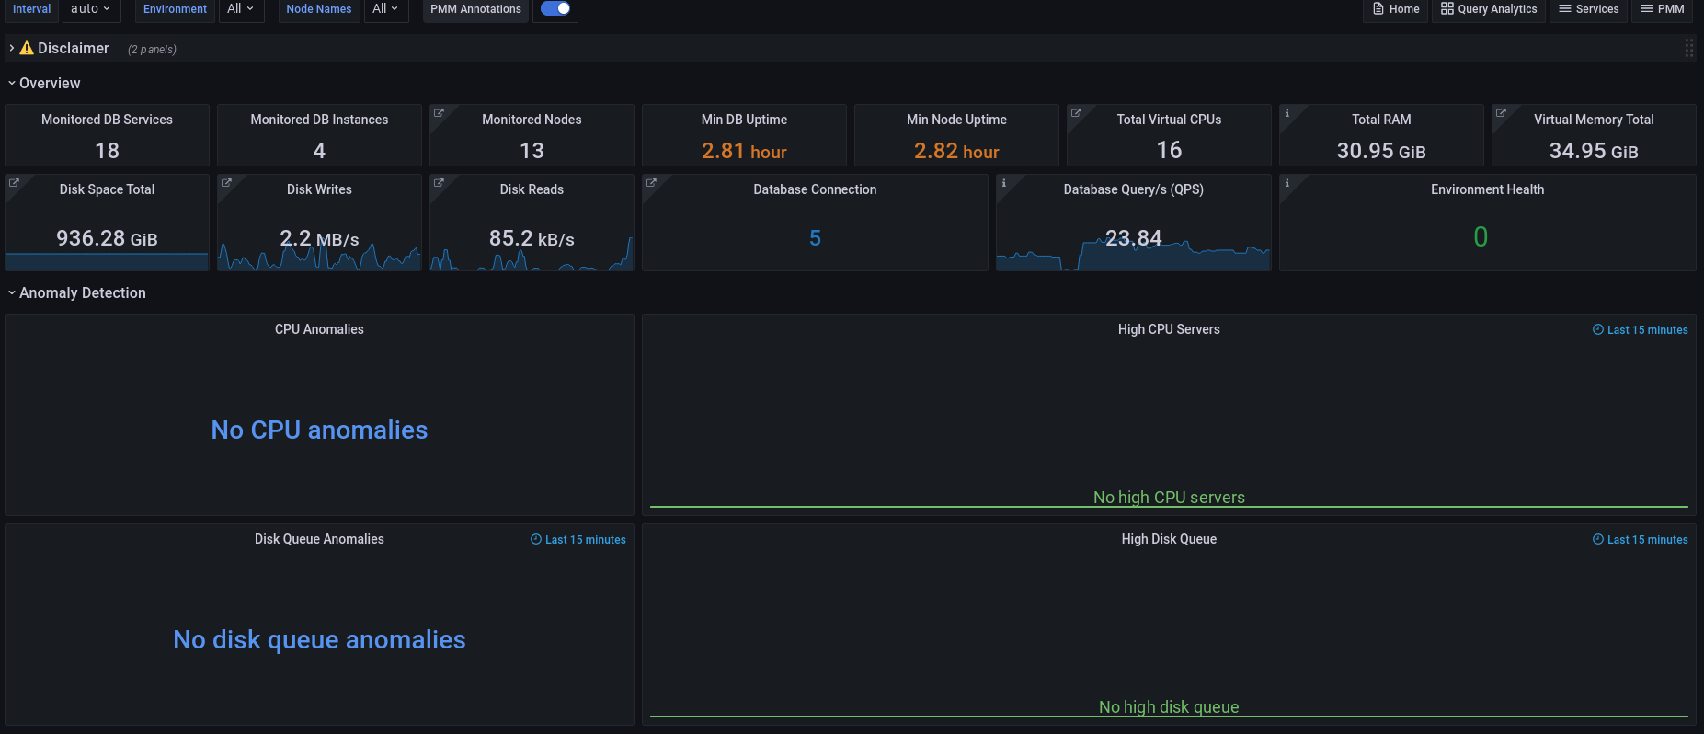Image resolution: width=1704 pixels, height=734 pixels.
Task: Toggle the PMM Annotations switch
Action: coord(555,8)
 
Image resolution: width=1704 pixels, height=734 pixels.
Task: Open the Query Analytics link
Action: coord(1489,9)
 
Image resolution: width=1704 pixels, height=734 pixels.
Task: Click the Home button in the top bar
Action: coord(1396,9)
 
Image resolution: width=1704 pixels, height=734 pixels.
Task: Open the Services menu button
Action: coord(1589,9)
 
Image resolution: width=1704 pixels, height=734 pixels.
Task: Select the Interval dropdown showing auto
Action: coord(91,9)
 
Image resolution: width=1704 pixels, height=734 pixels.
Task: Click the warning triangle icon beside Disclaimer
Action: coord(27,48)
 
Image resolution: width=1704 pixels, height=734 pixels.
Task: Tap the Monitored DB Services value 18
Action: coord(107,151)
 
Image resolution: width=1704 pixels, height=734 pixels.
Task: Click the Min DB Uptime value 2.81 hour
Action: coord(744,151)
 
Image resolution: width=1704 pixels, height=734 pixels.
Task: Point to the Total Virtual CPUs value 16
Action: coord(1169,150)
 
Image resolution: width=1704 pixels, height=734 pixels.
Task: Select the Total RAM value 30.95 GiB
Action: coord(1381,151)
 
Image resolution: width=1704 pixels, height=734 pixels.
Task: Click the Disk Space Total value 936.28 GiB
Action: coord(107,238)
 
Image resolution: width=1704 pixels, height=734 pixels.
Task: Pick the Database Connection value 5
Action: coord(815,238)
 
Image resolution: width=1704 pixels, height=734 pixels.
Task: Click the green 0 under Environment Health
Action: coord(1481,237)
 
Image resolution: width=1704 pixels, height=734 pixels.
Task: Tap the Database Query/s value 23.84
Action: coord(1133,238)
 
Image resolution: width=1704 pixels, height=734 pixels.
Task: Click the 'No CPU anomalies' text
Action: coord(319,430)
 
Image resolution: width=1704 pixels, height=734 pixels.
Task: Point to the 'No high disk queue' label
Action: coord(1169,706)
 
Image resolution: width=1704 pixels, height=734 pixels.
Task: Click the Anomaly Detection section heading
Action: coord(82,292)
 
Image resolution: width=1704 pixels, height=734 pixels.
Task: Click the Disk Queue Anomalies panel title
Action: coord(319,539)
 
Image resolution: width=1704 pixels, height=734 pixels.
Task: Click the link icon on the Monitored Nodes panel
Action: coord(439,113)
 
